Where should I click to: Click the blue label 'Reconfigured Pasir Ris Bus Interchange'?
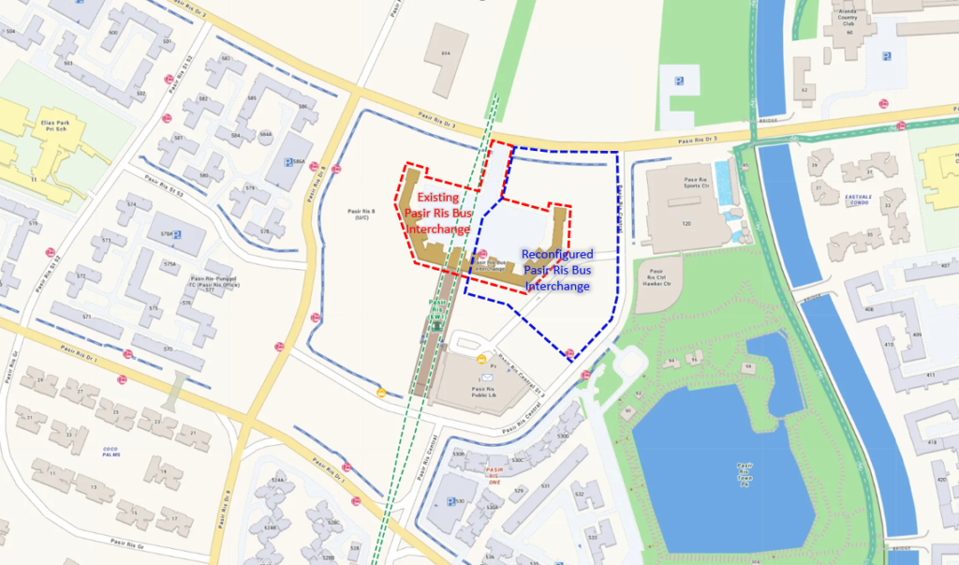[x=557, y=270]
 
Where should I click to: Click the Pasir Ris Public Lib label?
[x=483, y=392]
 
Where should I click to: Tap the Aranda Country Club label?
[x=849, y=22]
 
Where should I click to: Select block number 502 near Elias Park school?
[x=140, y=94]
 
